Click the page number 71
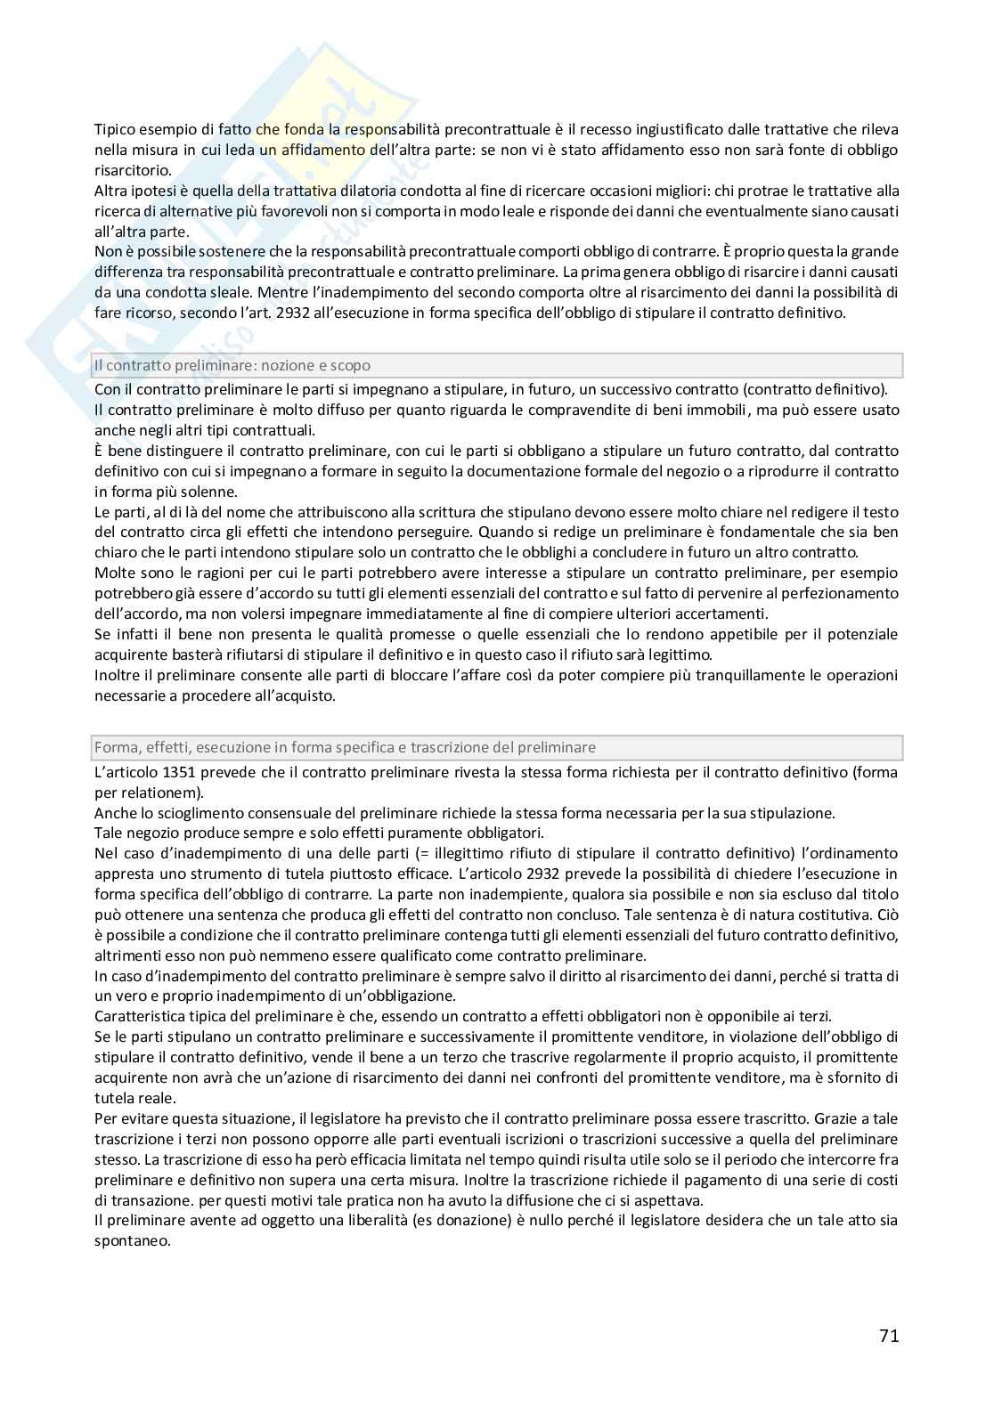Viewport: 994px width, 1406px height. pos(888,1336)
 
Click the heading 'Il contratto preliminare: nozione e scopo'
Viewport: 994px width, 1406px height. pos(232,365)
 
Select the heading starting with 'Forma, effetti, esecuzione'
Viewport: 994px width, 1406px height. pos(345,748)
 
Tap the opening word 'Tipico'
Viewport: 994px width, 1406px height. pos(115,130)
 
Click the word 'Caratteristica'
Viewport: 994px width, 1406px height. pos(139,1016)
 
